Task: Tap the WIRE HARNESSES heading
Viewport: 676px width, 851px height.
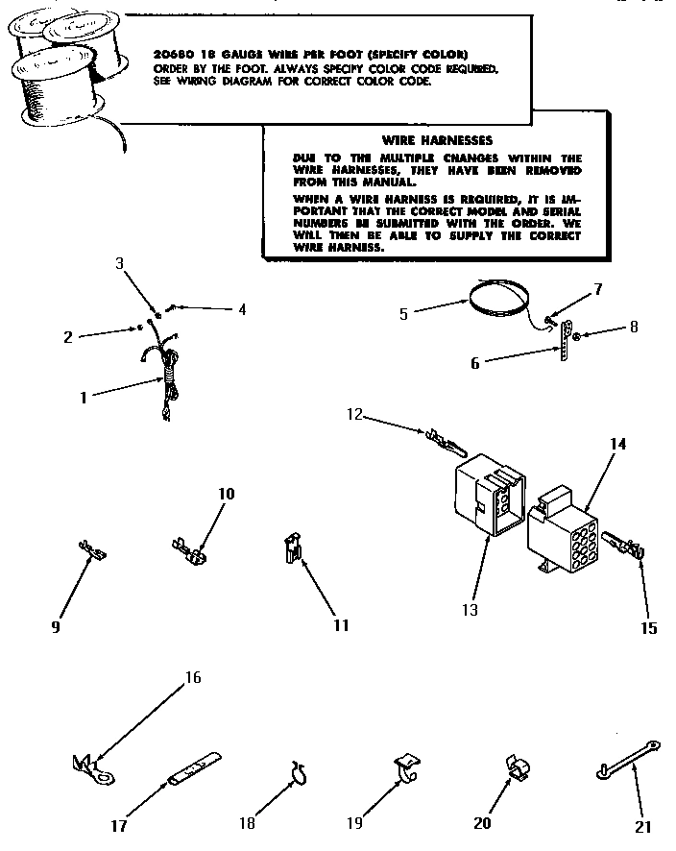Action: pyautogui.click(x=437, y=139)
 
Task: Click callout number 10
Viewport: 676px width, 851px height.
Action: pyautogui.click(x=227, y=494)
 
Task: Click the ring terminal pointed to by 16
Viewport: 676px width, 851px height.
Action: pyautogui.click(x=88, y=766)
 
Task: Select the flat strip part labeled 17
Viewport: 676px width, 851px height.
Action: pyautogui.click(x=196, y=769)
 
